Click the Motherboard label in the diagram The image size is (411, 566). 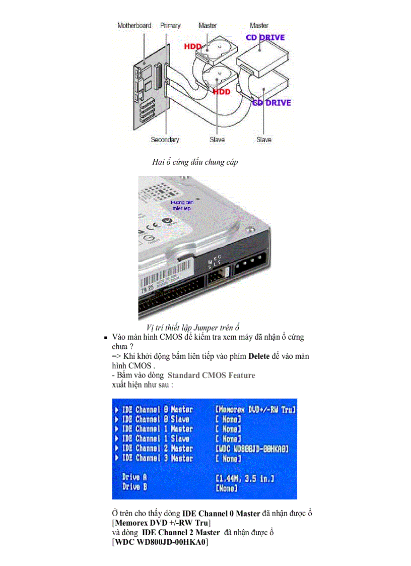(134, 25)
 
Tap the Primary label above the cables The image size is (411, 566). (170, 25)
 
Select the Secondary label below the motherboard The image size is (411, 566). (165, 140)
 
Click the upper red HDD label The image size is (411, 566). (193, 46)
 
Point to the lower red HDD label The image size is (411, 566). (221, 92)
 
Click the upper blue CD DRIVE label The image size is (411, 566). (265, 37)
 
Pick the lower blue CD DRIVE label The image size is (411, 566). (271, 103)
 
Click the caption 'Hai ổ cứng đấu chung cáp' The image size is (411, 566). (195, 162)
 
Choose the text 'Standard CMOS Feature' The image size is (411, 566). (211, 375)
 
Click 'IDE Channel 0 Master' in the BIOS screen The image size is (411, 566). (157, 409)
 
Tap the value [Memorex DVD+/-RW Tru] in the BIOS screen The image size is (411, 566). (255, 409)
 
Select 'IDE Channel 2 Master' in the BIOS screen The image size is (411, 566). (157, 449)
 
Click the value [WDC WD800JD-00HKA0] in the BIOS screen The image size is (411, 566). (251, 449)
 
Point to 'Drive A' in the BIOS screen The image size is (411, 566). (134, 477)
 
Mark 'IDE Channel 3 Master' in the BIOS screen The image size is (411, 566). (157, 458)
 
